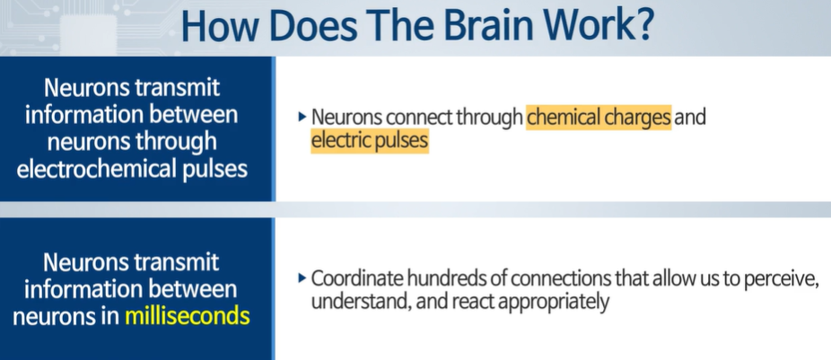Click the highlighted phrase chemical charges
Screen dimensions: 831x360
coord(599,117)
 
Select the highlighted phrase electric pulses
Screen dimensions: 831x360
coord(370,141)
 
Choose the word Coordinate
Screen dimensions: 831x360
coord(353,278)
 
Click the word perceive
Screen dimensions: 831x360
coord(783,278)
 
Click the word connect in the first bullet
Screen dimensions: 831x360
coord(412,117)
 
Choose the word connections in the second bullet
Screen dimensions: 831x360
coord(548,278)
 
